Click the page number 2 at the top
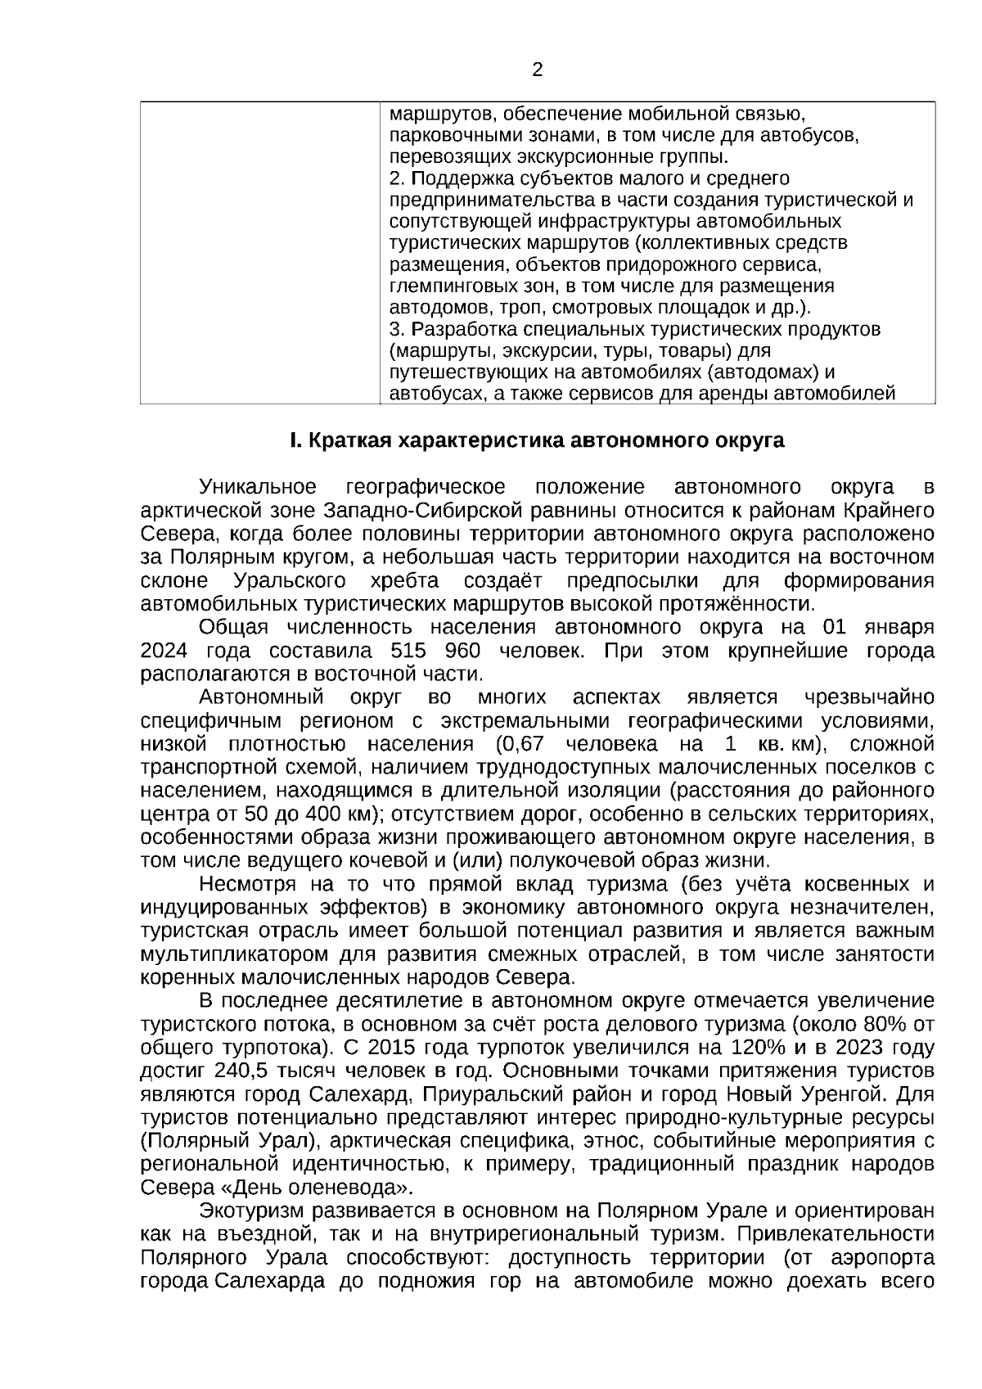tap(538, 70)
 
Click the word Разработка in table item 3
tap(453, 330)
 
